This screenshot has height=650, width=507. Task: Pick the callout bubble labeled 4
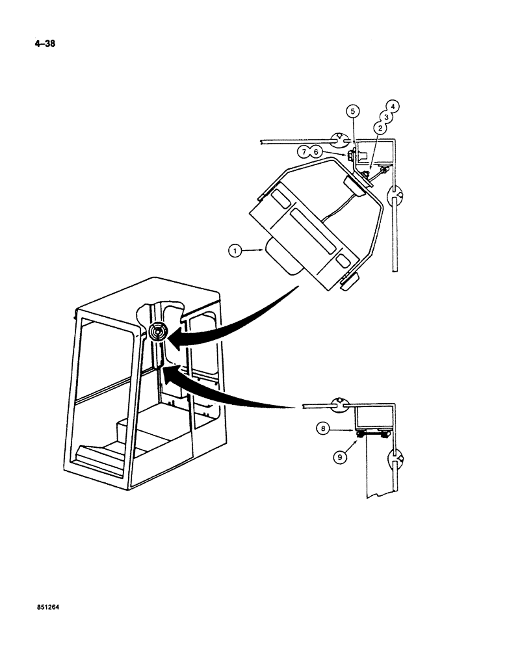pos(393,105)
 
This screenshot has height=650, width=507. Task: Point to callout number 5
pos(353,110)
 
